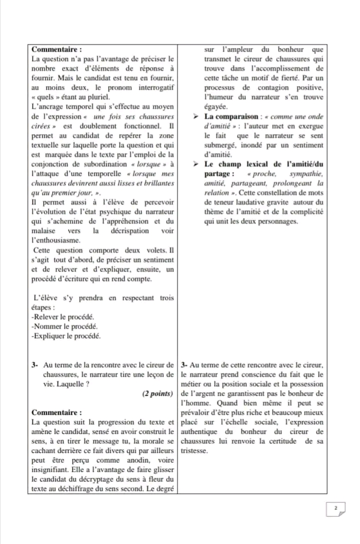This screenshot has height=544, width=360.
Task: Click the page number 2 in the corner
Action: click(x=336, y=508)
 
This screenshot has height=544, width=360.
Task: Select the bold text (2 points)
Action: click(x=158, y=394)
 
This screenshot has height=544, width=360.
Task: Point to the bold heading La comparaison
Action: click(x=230, y=117)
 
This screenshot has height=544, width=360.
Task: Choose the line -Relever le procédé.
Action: click(x=62, y=317)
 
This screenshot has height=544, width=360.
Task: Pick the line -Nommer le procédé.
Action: click(x=63, y=326)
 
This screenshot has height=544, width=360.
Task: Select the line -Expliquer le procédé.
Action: click(x=65, y=336)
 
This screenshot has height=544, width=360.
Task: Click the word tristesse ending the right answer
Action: click(x=194, y=450)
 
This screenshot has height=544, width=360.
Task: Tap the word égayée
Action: click(x=217, y=107)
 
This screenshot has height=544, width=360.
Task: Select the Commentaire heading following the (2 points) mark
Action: click(x=56, y=413)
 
